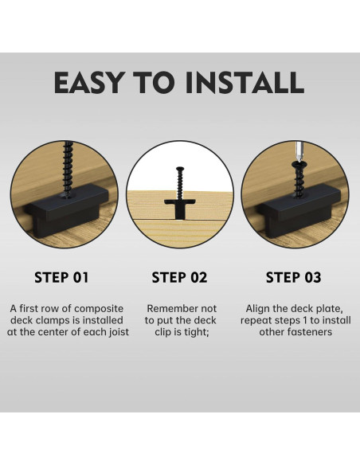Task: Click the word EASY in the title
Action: (88, 82)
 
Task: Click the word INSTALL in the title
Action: (245, 82)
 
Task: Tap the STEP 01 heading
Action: (61, 278)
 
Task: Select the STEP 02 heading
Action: (179, 278)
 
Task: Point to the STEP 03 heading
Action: (294, 278)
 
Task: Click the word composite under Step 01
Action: (99, 309)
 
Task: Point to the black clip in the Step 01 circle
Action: (67, 210)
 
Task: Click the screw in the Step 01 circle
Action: (68, 169)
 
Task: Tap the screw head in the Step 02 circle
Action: (180, 169)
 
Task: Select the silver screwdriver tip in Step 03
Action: (299, 152)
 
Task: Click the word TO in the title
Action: (154, 82)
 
